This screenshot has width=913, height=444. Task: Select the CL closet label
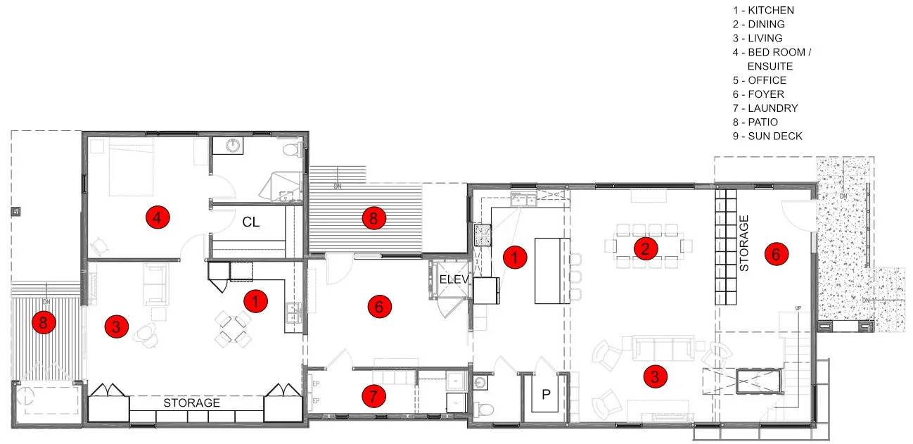[x=251, y=222]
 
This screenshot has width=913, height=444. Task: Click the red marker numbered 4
[x=158, y=218]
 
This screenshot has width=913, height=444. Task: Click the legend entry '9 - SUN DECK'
[x=767, y=136]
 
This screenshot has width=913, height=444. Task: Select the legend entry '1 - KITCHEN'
[x=762, y=11]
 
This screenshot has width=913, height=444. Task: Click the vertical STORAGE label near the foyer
[x=745, y=243]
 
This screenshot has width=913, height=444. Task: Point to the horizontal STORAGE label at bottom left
[x=192, y=403]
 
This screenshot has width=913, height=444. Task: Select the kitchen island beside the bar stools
[x=552, y=270]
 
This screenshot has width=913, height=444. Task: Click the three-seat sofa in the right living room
[x=661, y=348]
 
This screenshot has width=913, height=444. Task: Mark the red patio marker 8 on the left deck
[x=44, y=323]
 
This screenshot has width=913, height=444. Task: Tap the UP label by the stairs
[x=798, y=309]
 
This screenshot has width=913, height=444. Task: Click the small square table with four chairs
[x=232, y=329]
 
